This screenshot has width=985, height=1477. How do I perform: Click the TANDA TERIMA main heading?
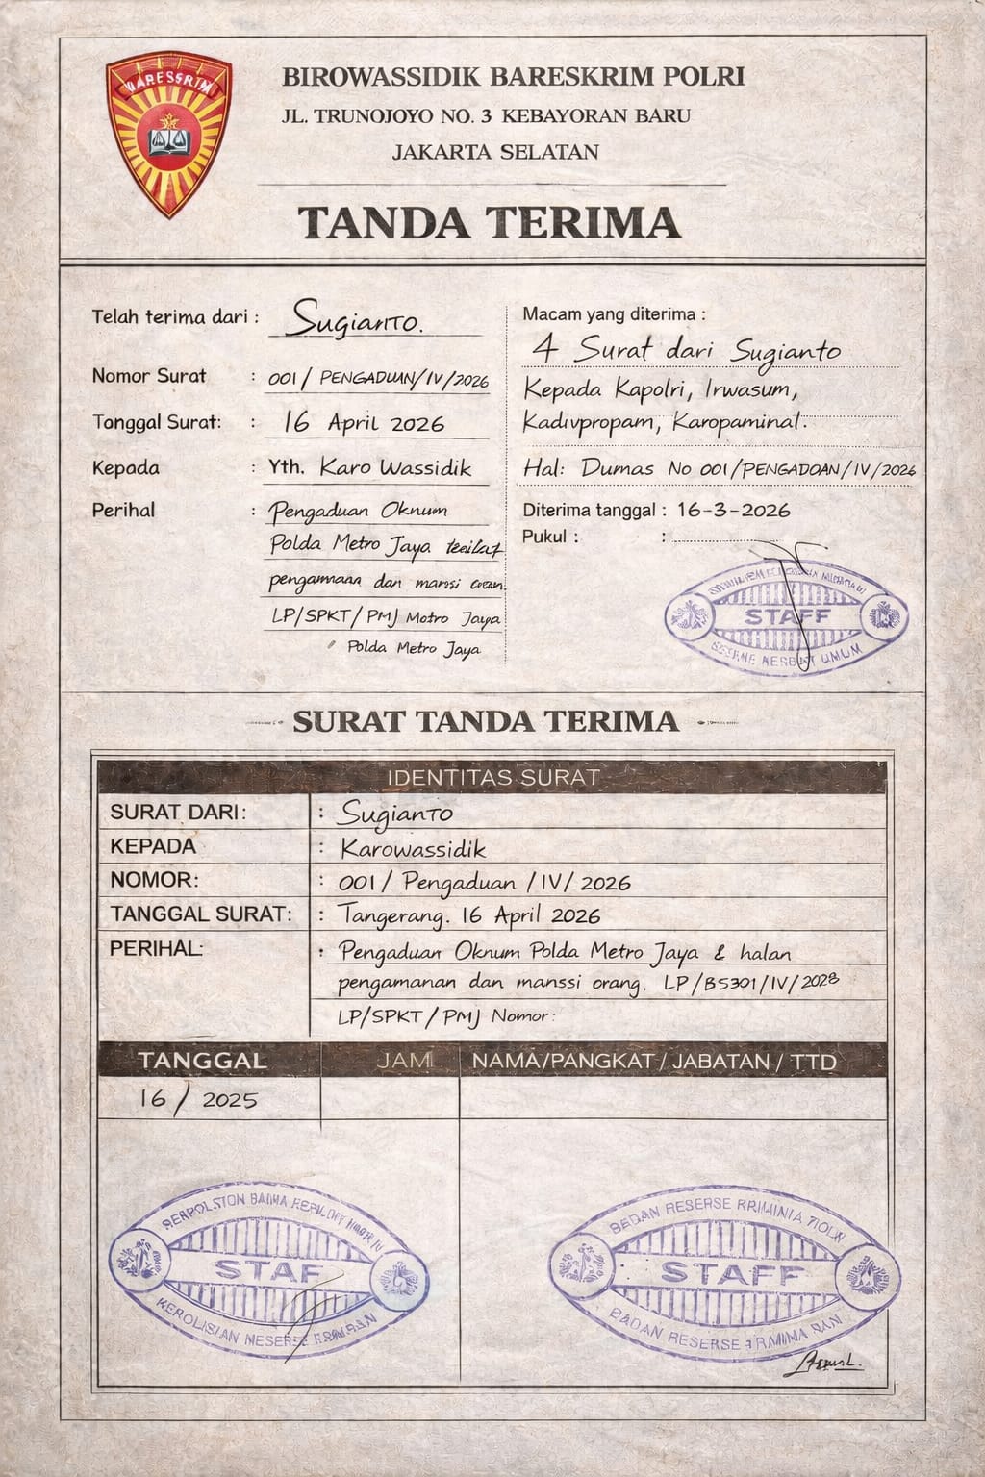489,222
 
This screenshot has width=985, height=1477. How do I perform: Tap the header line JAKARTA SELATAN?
495,152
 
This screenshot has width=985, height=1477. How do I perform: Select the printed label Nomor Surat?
148,376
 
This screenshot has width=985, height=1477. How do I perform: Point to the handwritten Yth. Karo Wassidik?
369,468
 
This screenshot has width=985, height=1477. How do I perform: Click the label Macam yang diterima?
613,314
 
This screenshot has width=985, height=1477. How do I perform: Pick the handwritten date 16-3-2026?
734,510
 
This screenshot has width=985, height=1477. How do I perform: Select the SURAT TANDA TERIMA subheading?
486,721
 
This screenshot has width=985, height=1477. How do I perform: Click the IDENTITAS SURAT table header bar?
492,777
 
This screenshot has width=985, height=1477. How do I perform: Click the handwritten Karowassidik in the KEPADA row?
414,848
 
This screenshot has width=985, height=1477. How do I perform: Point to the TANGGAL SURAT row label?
200,914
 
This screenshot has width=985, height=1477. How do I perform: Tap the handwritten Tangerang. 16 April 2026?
469,915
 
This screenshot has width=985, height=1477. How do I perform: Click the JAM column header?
404,1061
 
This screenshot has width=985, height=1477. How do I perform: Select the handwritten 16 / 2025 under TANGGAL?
198,1099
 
